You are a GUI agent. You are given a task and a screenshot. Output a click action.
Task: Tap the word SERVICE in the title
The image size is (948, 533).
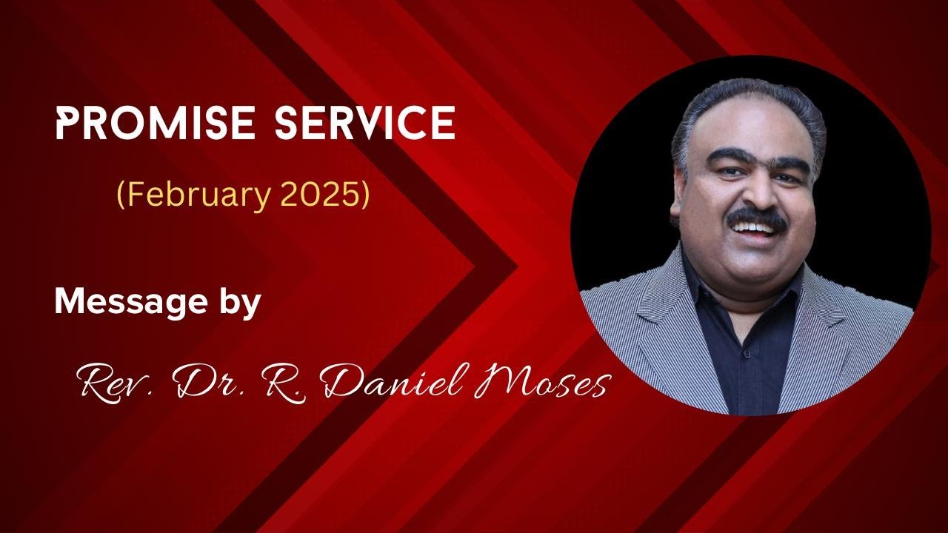pos(365,122)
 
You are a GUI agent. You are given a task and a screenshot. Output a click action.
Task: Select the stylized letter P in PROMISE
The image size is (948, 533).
pos(67,122)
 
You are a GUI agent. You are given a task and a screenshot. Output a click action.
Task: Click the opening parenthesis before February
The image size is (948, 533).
pos(121,195)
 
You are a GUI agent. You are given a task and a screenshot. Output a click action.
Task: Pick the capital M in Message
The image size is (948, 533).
pos(70,302)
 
